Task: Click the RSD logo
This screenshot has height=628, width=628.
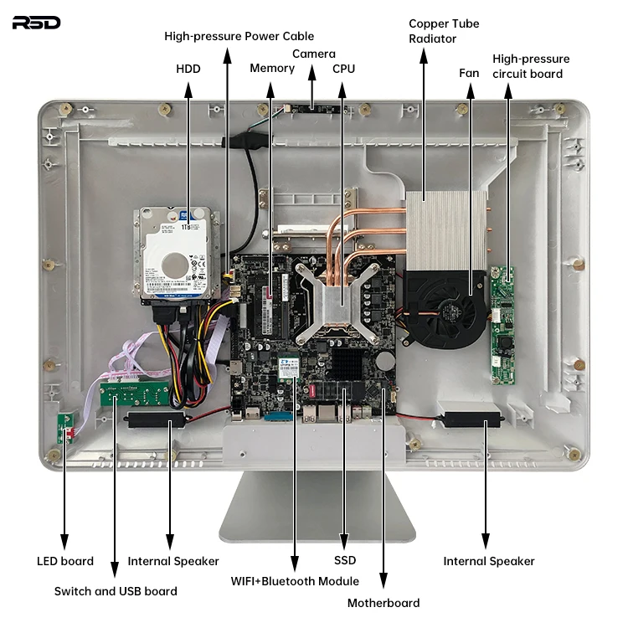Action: coord(36,22)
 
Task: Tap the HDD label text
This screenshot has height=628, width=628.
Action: coord(188,68)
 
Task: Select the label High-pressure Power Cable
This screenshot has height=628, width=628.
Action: coord(239,36)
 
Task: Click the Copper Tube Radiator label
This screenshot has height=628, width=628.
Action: coord(444,31)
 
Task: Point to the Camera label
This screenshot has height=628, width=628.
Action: coord(313,54)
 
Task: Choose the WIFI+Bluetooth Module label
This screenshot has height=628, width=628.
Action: coord(295,581)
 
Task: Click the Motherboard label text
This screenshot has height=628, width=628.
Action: coord(383,603)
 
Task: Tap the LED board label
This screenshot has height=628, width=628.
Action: coord(65,561)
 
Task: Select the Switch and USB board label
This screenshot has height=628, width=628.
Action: coord(116,591)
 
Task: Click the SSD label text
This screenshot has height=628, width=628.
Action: coord(345,560)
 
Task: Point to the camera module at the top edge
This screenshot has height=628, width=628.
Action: coord(311,108)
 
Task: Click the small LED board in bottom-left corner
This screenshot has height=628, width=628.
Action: coord(64,430)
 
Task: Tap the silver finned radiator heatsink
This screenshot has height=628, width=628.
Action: coord(445,230)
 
